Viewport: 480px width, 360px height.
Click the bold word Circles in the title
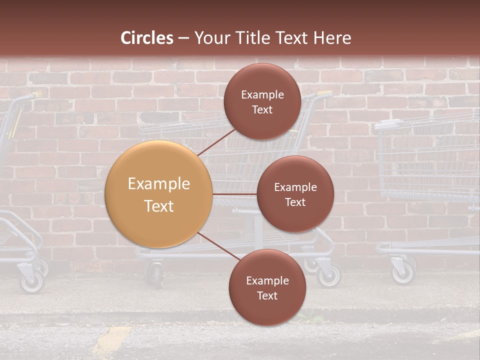tap(146, 38)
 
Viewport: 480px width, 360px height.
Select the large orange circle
tap(159, 194)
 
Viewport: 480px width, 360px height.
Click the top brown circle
tap(262, 101)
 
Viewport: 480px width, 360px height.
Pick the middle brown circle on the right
tap(295, 194)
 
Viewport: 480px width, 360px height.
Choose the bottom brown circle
tap(267, 287)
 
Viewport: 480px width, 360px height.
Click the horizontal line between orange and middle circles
tap(235, 194)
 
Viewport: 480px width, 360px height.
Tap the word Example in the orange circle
tap(159, 184)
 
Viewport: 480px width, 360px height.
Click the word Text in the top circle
tap(262, 109)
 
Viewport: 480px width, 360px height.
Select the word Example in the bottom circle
tap(267, 280)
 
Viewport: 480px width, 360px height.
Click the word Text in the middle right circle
tap(295, 202)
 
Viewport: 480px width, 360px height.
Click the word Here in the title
tap(332, 38)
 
